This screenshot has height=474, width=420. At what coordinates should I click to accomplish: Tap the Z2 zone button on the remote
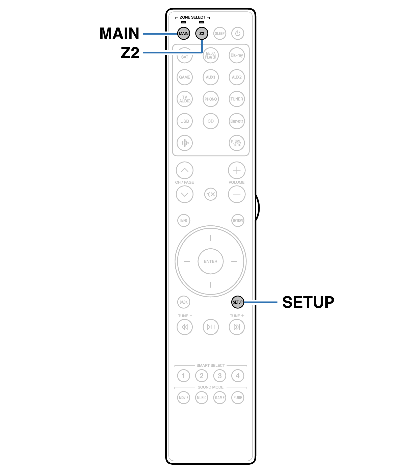tap(202, 33)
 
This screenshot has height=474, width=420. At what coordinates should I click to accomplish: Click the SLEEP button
tap(220, 33)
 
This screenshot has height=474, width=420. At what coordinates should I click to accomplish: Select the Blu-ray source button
tap(237, 55)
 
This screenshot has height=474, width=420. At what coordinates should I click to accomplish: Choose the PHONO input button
tap(211, 99)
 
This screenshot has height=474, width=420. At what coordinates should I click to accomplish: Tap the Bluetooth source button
tap(237, 121)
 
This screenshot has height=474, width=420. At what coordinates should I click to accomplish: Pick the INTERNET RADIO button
tap(237, 143)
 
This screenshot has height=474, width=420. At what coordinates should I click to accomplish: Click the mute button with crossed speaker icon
tap(211, 194)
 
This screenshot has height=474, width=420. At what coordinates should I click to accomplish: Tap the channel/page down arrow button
tap(185, 194)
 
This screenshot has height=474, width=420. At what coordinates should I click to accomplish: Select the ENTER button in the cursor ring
tap(211, 261)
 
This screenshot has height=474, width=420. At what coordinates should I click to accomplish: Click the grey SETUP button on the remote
tap(238, 302)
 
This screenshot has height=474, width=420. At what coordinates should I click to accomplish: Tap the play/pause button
tap(211, 327)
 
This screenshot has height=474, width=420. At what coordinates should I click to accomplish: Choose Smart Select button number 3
tap(220, 376)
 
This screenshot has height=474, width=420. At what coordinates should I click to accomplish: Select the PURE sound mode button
tap(238, 398)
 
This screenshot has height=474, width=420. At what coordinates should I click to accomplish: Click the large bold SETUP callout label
tap(308, 302)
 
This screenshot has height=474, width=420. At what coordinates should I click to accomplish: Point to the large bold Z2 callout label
tap(130, 52)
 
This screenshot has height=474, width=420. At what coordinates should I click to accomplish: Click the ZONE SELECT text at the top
tap(192, 17)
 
